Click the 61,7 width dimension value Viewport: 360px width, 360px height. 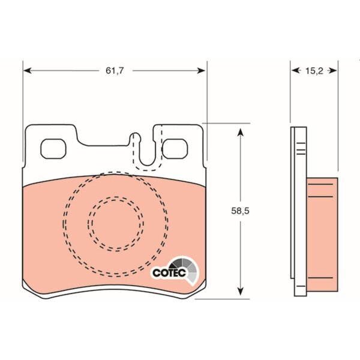115,70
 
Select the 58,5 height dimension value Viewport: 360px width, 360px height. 240,211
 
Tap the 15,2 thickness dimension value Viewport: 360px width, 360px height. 314,71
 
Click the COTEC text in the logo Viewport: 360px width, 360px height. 169,273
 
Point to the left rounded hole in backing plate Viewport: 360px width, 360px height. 53,149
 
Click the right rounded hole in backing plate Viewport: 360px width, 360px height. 175,149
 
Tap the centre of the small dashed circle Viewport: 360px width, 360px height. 116,224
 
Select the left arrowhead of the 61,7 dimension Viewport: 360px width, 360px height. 28,70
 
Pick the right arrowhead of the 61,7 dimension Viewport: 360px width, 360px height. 201,70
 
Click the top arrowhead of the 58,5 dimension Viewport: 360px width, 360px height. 240,132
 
